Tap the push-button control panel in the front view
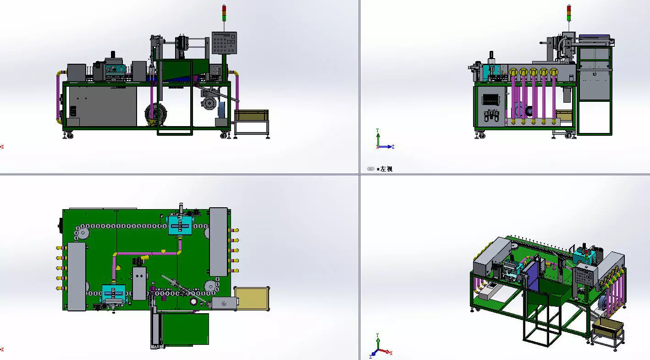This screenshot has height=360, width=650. tap(224, 43)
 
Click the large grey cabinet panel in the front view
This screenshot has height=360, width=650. tap(102, 106)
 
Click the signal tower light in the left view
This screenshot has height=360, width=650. tap(569, 13)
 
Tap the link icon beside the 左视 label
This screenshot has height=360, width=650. tap(371, 169)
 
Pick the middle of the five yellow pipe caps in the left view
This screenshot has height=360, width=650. tap(534, 72)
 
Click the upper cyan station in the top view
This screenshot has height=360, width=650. tap(182, 225)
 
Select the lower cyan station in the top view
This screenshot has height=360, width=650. tap(113, 294)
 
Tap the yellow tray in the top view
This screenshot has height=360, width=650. tap(251, 298)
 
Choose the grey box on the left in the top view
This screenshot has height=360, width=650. tap(77, 276)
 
